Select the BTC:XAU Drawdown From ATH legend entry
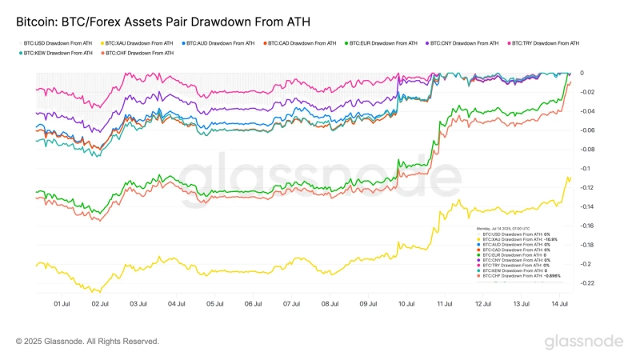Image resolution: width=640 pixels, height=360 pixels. click(137, 42)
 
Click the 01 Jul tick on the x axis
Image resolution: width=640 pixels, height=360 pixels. click(62, 304)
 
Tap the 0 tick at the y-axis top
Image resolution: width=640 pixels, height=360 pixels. click(582, 73)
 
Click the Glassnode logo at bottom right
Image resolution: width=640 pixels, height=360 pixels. click(584, 342)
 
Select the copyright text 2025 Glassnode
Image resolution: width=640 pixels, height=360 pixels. click(87, 342)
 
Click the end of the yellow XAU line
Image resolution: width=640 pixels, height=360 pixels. click(570, 178)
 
